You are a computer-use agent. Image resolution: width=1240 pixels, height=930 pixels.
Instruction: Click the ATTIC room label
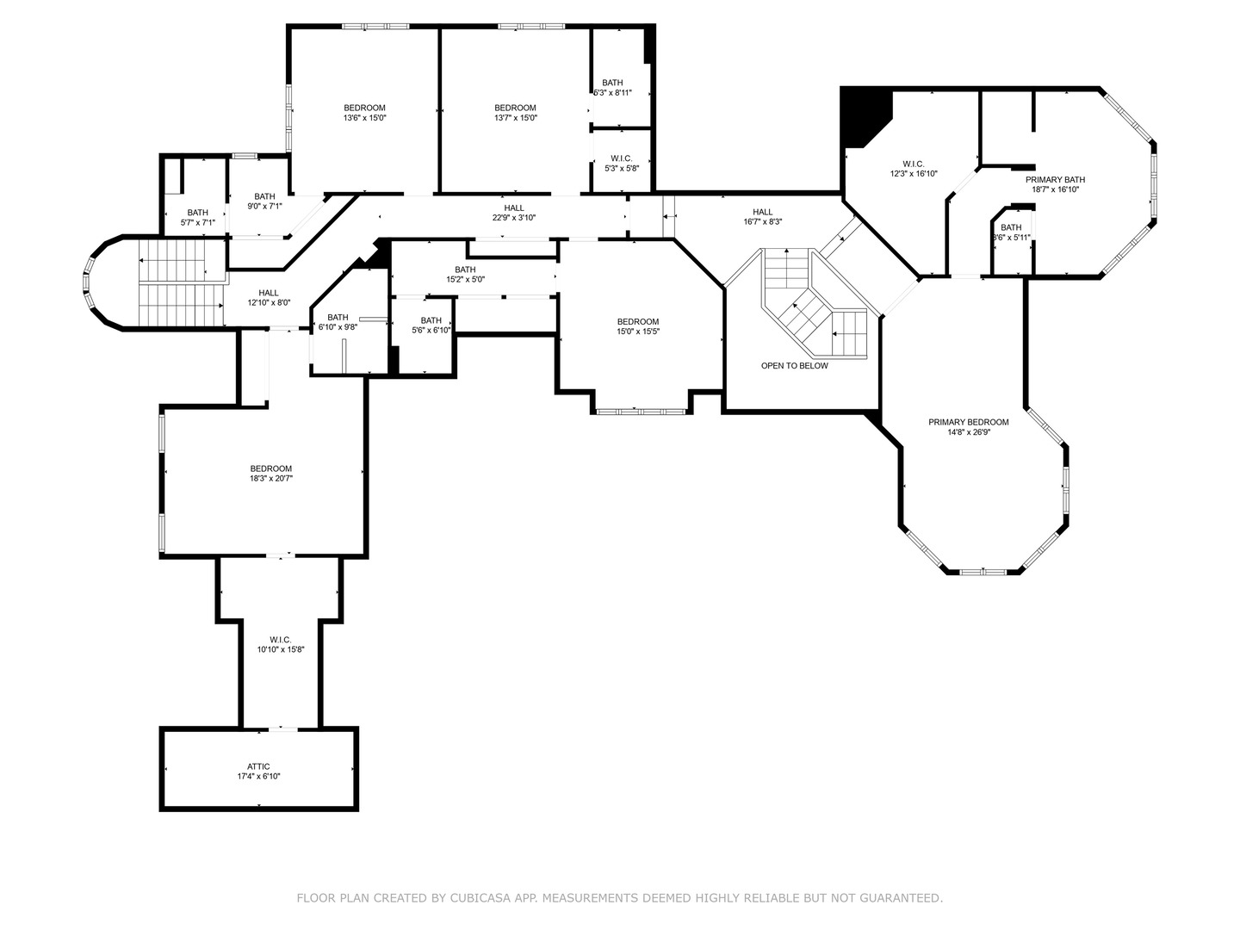pyautogui.click(x=258, y=766)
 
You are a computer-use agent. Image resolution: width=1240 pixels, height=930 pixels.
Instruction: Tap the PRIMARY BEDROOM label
pyautogui.click(x=968, y=422)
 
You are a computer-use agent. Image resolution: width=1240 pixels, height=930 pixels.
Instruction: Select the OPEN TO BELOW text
pyautogui.click(x=794, y=365)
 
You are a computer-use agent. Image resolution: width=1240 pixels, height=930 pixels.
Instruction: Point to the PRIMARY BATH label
pyautogui.click(x=1055, y=180)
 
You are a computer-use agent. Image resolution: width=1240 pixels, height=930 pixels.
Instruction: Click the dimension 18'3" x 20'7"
pyautogui.click(x=271, y=478)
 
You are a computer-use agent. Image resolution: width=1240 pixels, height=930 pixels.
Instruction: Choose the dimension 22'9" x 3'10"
pyautogui.click(x=514, y=217)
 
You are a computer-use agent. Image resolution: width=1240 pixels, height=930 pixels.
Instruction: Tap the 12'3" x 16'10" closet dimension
pyautogui.click(x=914, y=174)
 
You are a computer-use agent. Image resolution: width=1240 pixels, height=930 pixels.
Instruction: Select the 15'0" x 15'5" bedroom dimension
pyautogui.click(x=638, y=332)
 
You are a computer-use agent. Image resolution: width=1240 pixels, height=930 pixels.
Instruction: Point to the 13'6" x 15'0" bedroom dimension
pyautogui.click(x=364, y=118)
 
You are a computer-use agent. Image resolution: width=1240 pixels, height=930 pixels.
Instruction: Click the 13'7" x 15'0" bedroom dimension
pyautogui.click(x=515, y=118)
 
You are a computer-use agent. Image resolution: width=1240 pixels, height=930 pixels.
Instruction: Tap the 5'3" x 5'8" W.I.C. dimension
pyautogui.click(x=622, y=168)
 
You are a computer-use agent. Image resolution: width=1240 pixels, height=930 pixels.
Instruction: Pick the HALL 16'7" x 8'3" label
pyautogui.click(x=763, y=217)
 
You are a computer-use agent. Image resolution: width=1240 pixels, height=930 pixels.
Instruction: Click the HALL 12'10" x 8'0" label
pyautogui.click(x=269, y=298)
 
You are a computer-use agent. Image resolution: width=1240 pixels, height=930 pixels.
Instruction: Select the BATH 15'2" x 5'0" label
pyautogui.click(x=466, y=275)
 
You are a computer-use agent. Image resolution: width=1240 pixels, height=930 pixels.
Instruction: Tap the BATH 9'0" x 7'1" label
pyautogui.click(x=264, y=201)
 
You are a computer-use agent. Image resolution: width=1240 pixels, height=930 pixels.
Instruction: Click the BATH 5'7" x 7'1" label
pyautogui.click(x=198, y=217)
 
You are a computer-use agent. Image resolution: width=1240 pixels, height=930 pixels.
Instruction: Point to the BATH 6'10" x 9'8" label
pyautogui.click(x=338, y=322)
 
